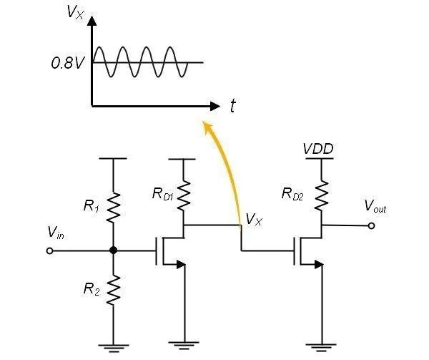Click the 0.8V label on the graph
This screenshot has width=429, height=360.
tap(67, 63)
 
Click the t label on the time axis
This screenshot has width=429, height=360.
tap(233, 107)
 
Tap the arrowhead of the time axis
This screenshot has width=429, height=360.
tap(215, 106)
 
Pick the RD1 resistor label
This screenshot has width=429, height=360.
tap(162, 193)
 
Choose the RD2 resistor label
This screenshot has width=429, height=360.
tap(294, 193)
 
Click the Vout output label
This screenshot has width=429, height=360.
tap(375, 208)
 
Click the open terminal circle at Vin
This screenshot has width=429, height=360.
tap(49, 251)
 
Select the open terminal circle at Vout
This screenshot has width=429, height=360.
tap(371, 226)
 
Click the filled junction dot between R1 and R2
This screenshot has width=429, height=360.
tap(113, 251)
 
